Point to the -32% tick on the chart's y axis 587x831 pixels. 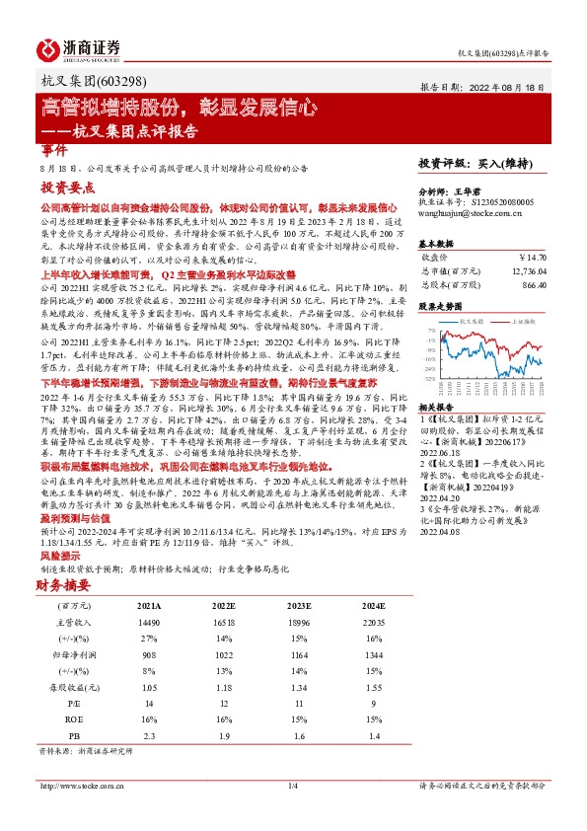pos(430,378)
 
